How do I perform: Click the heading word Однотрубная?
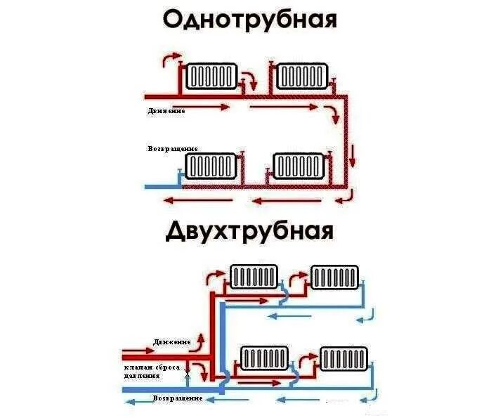[x=249, y=20]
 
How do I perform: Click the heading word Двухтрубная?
[x=249, y=230]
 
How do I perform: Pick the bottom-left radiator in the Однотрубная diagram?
[x=209, y=166]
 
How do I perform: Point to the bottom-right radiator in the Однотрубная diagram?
[x=299, y=166]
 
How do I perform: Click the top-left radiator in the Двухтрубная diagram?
[x=254, y=277]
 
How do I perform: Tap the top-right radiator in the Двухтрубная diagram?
[x=335, y=277]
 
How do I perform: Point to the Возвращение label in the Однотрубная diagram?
[x=173, y=150]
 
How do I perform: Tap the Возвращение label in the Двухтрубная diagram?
[x=178, y=398]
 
